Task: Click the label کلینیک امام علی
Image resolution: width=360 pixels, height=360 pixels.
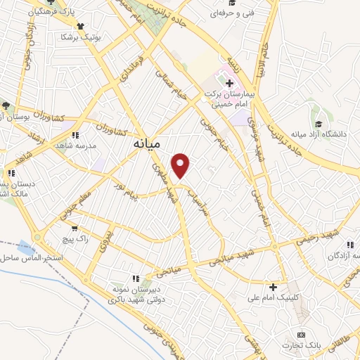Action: (x=275, y=298)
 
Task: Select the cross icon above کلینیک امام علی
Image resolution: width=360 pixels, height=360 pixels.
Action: (x=273, y=286)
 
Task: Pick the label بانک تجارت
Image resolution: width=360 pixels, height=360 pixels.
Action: (x=302, y=345)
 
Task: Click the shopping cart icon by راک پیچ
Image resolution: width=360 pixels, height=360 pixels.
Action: (x=73, y=229)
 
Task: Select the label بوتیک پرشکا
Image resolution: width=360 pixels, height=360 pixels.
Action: (x=77, y=36)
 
